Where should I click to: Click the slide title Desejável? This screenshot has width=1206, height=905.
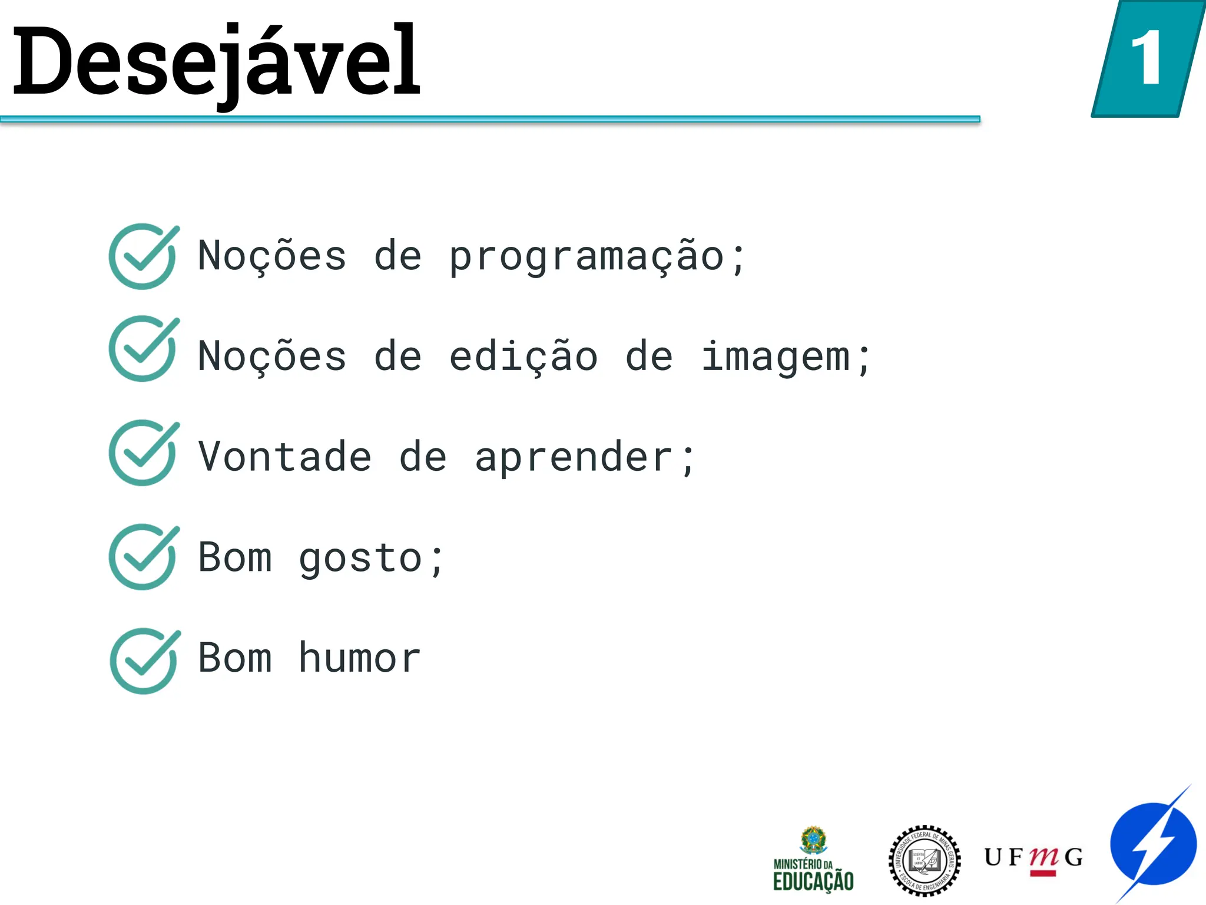pos(216,62)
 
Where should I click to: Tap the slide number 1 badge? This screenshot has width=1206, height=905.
pos(1147,59)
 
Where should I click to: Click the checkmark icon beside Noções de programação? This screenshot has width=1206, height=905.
pos(143,256)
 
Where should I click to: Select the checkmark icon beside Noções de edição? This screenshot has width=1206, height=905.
pos(143,349)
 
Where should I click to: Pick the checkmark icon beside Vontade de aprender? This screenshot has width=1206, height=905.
pos(143,452)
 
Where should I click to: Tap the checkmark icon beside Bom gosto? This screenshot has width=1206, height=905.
pos(143,557)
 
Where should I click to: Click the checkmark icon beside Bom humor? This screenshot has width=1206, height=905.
pos(144,660)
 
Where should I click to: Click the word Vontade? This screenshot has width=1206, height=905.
pos(284,457)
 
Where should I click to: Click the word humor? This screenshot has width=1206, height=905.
pos(359,658)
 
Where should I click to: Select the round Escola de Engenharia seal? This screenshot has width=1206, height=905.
pos(924,860)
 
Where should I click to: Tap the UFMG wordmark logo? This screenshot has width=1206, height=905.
pos(1033,858)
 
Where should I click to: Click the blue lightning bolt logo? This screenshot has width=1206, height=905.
pos(1153,844)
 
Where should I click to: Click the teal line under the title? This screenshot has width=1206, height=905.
pos(489,119)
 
